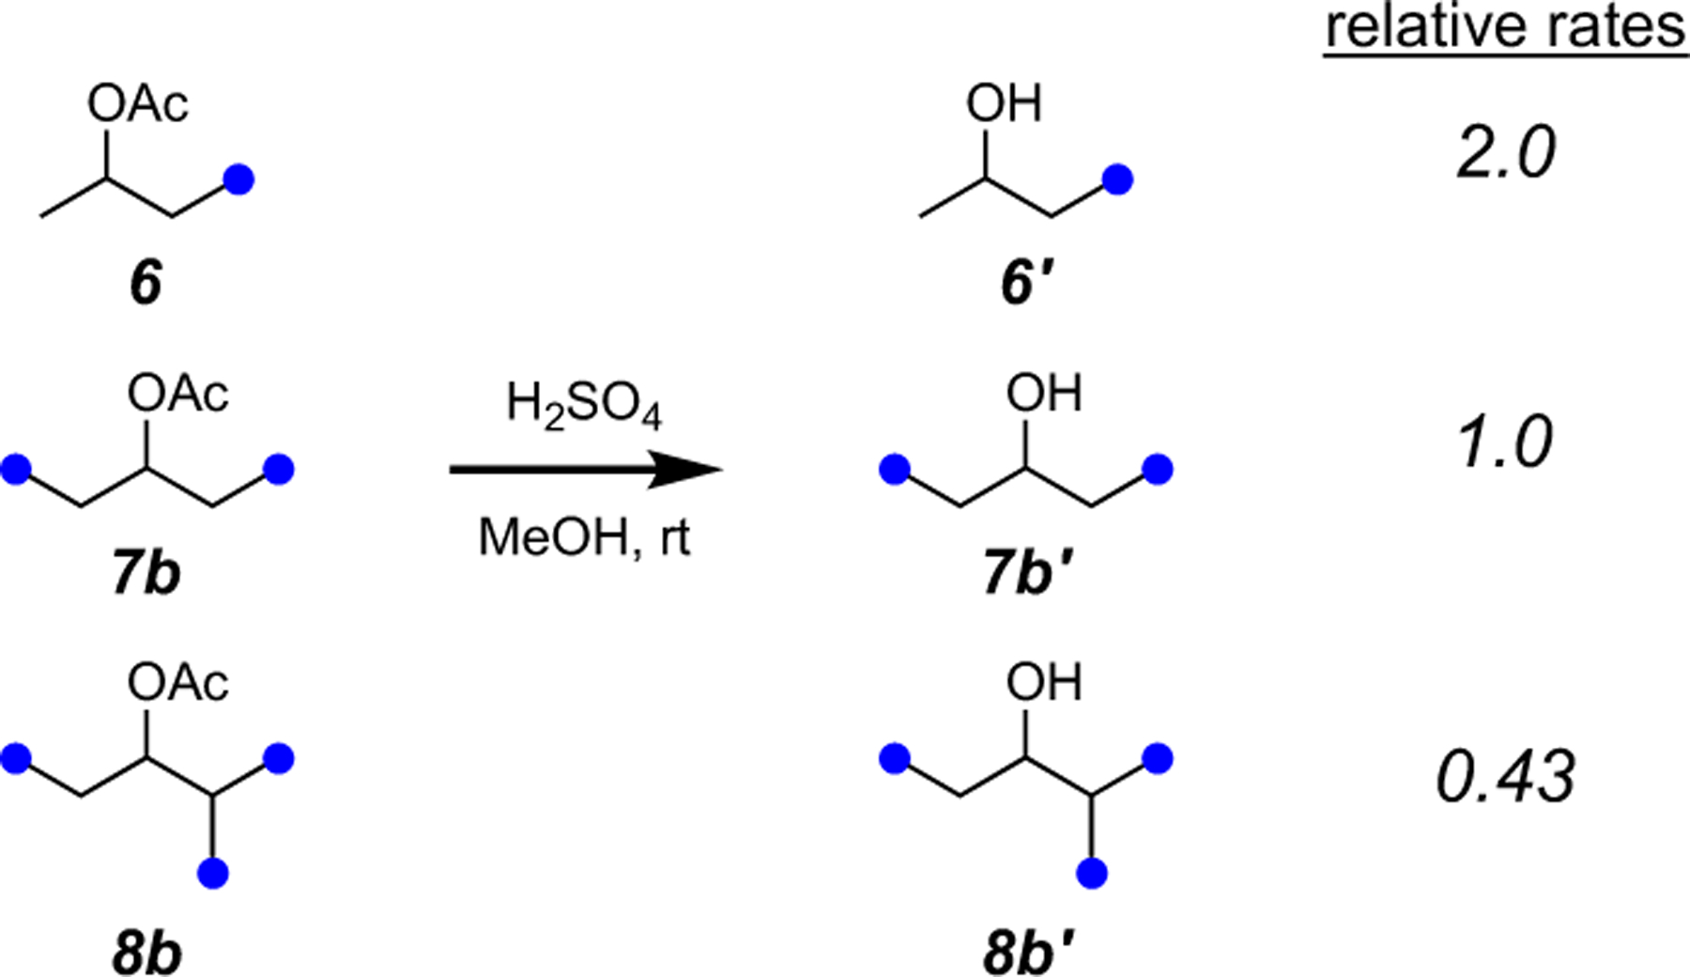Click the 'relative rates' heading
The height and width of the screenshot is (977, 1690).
[1505, 28]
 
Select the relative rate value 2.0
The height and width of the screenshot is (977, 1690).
[1506, 153]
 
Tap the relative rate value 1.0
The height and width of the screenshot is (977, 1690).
[1506, 442]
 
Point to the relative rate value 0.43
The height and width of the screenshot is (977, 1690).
[1506, 779]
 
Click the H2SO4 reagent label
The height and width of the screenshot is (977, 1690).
[584, 407]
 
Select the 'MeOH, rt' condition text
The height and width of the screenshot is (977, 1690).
[584, 538]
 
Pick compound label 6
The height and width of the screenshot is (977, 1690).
[146, 283]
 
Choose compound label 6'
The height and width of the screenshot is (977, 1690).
[1029, 283]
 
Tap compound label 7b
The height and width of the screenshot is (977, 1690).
[146, 574]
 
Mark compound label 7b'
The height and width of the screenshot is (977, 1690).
[1029, 574]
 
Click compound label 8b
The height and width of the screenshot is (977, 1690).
[146, 954]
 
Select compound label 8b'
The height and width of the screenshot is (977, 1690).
[1029, 954]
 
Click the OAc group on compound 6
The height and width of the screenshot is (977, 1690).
[138, 103]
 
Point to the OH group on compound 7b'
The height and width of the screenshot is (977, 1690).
[1044, 394]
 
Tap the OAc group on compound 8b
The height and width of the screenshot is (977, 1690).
[178, 683]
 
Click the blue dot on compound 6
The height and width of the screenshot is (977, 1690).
[239, 179]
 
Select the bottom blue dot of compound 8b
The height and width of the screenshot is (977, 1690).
[213, 874]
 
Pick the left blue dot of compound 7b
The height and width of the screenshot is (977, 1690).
[16, 469]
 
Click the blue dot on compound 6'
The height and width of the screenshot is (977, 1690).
[1118, 179]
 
